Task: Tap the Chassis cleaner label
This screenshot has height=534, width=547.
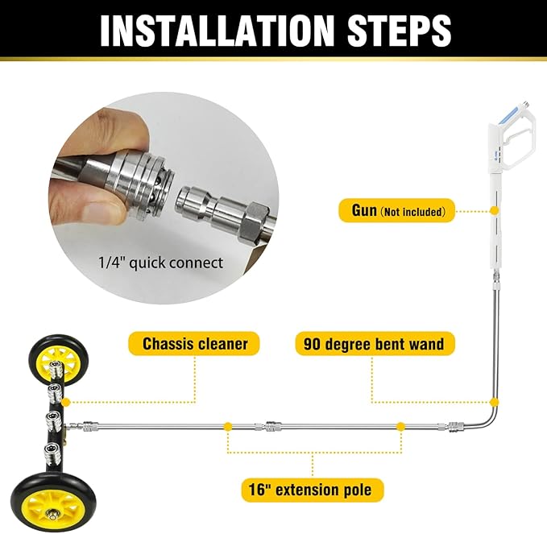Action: (195, 344)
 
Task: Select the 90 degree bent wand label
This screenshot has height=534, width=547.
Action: (374, 344)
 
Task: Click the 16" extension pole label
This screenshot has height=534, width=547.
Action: (313, 489)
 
